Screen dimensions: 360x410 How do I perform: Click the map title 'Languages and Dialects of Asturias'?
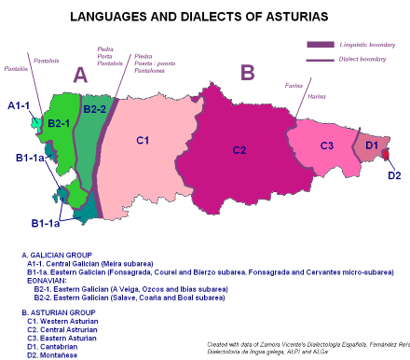click(205, 16)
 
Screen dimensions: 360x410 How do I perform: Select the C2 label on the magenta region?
click(239, 149)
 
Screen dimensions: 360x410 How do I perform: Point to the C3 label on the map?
click(327, 145)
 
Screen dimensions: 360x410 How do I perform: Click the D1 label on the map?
click(370, 145)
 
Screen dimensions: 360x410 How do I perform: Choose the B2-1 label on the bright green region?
click(60, 123)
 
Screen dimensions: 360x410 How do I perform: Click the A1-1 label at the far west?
click(19, 106)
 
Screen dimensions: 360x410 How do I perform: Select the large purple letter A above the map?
click(81, 75)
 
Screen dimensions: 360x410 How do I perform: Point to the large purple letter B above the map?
click(247, 72)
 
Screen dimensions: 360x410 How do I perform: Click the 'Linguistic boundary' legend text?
click(364, 44)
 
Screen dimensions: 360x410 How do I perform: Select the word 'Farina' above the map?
click(294, 85)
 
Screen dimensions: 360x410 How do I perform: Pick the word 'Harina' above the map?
click(317, 96)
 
